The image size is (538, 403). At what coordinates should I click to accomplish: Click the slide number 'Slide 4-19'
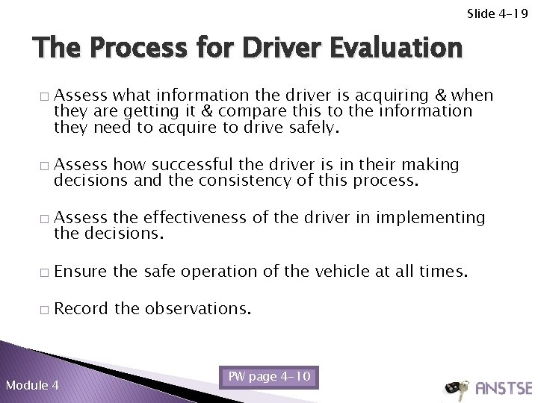(x=498, y=13)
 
